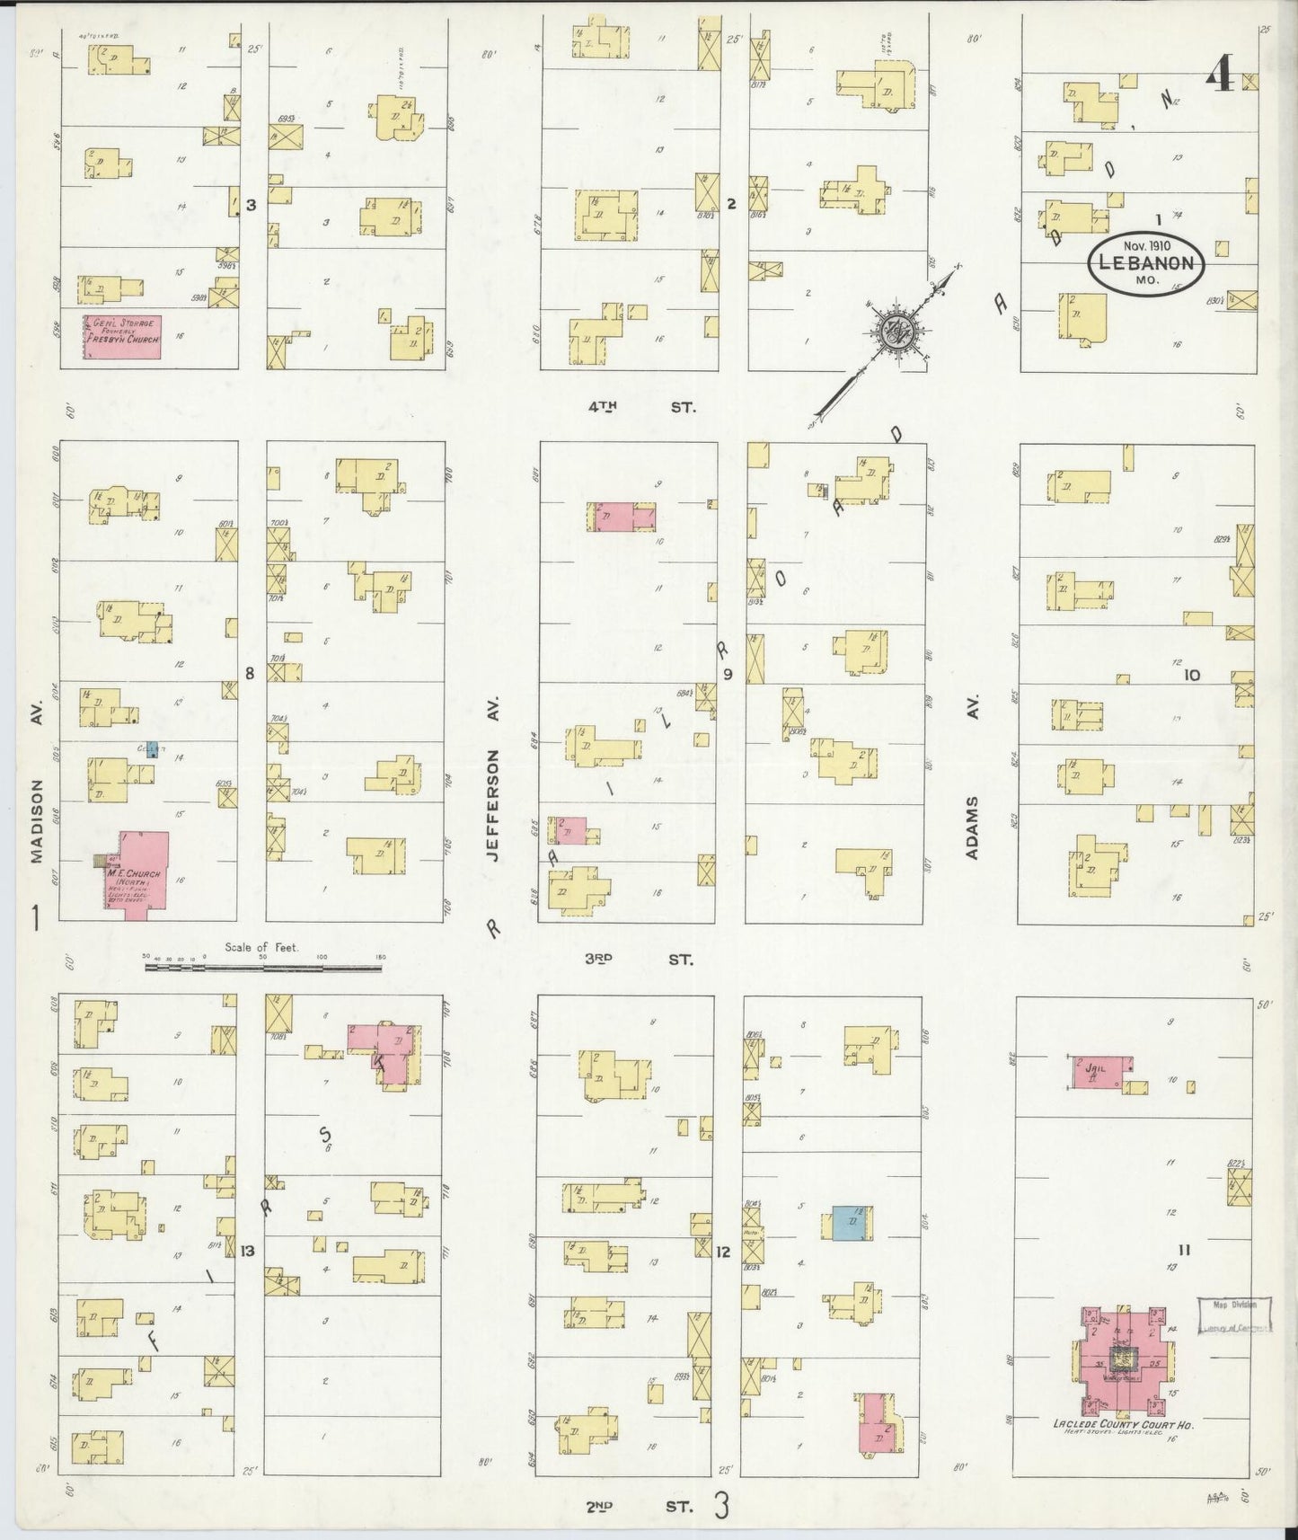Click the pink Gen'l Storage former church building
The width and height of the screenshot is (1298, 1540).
(x=122, y=337)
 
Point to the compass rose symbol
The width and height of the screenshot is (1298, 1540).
(x=896, y=331)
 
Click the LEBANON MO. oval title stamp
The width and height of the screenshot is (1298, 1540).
(x=1146, y=262)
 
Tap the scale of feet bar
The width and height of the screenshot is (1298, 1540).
(x=265, y=967)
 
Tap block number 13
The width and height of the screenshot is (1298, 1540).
(x=247, y=1251)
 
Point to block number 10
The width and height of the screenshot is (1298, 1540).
(x=1191, y=675)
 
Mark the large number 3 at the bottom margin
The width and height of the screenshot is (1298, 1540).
(x=720, y=1507)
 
